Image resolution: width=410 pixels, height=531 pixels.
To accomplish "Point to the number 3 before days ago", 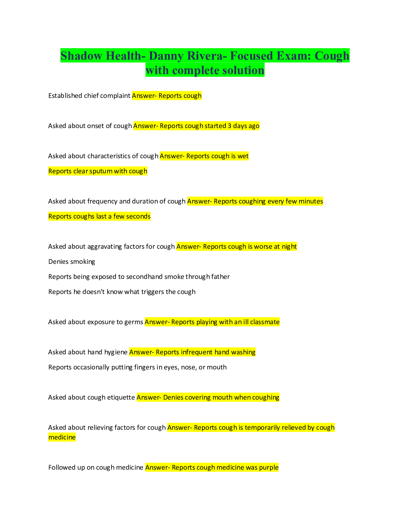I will [x=229, y=126].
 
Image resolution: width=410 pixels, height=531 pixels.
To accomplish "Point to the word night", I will [x=289, y=247].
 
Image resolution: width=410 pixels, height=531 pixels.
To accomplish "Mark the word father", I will [x=220, y=277].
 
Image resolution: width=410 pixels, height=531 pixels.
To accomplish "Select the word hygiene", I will [x=116, y=352].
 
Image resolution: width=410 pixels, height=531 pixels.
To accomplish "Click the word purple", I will [x=269, y=468].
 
